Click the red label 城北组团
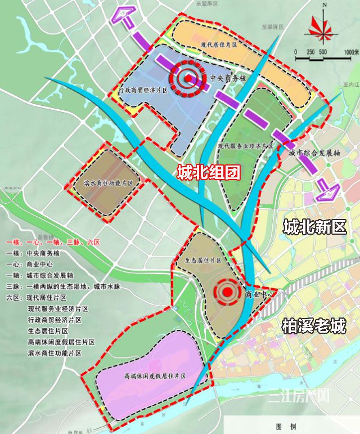click(208, 172)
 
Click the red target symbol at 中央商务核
click(187, 79)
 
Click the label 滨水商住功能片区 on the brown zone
click(107, 184)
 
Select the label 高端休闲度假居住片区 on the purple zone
click(156, 375)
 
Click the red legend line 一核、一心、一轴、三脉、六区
click(53, 243)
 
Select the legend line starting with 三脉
click(62, 287)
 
